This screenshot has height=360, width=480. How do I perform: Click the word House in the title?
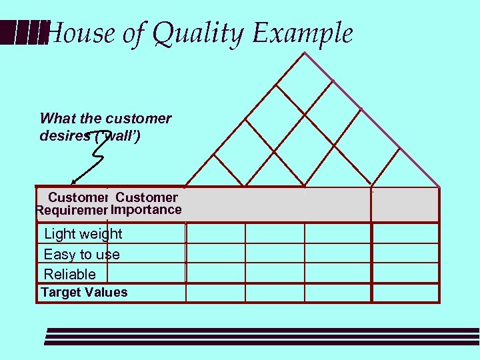(79, 34)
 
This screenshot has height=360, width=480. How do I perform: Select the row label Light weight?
(83, 234)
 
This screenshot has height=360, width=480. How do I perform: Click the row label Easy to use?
(81, 255)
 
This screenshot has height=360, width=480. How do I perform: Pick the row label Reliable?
(69, 274)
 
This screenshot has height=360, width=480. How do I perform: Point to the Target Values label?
(84, 293)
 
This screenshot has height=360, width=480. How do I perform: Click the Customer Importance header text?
(147, 204)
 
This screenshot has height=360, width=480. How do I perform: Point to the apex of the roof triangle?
(305, 53)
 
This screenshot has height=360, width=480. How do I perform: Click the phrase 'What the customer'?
(105, 119)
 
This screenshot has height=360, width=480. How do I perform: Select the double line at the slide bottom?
(260, 336)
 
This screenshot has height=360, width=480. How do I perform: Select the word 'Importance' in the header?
(147, 210)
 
